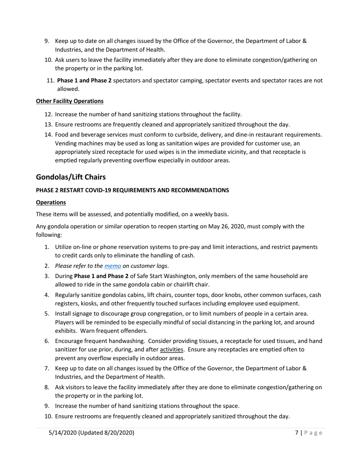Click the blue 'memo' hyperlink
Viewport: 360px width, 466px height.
click(113, 266)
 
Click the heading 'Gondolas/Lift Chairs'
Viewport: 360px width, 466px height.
click(70, 177)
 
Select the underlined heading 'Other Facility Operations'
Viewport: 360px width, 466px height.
click(70, 101)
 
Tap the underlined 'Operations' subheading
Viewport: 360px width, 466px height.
click(51, 202)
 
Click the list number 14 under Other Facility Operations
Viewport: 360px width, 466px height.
click(48, 134)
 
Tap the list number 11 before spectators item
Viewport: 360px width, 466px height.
click(50, 80)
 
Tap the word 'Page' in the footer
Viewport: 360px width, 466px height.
click(313, 433)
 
